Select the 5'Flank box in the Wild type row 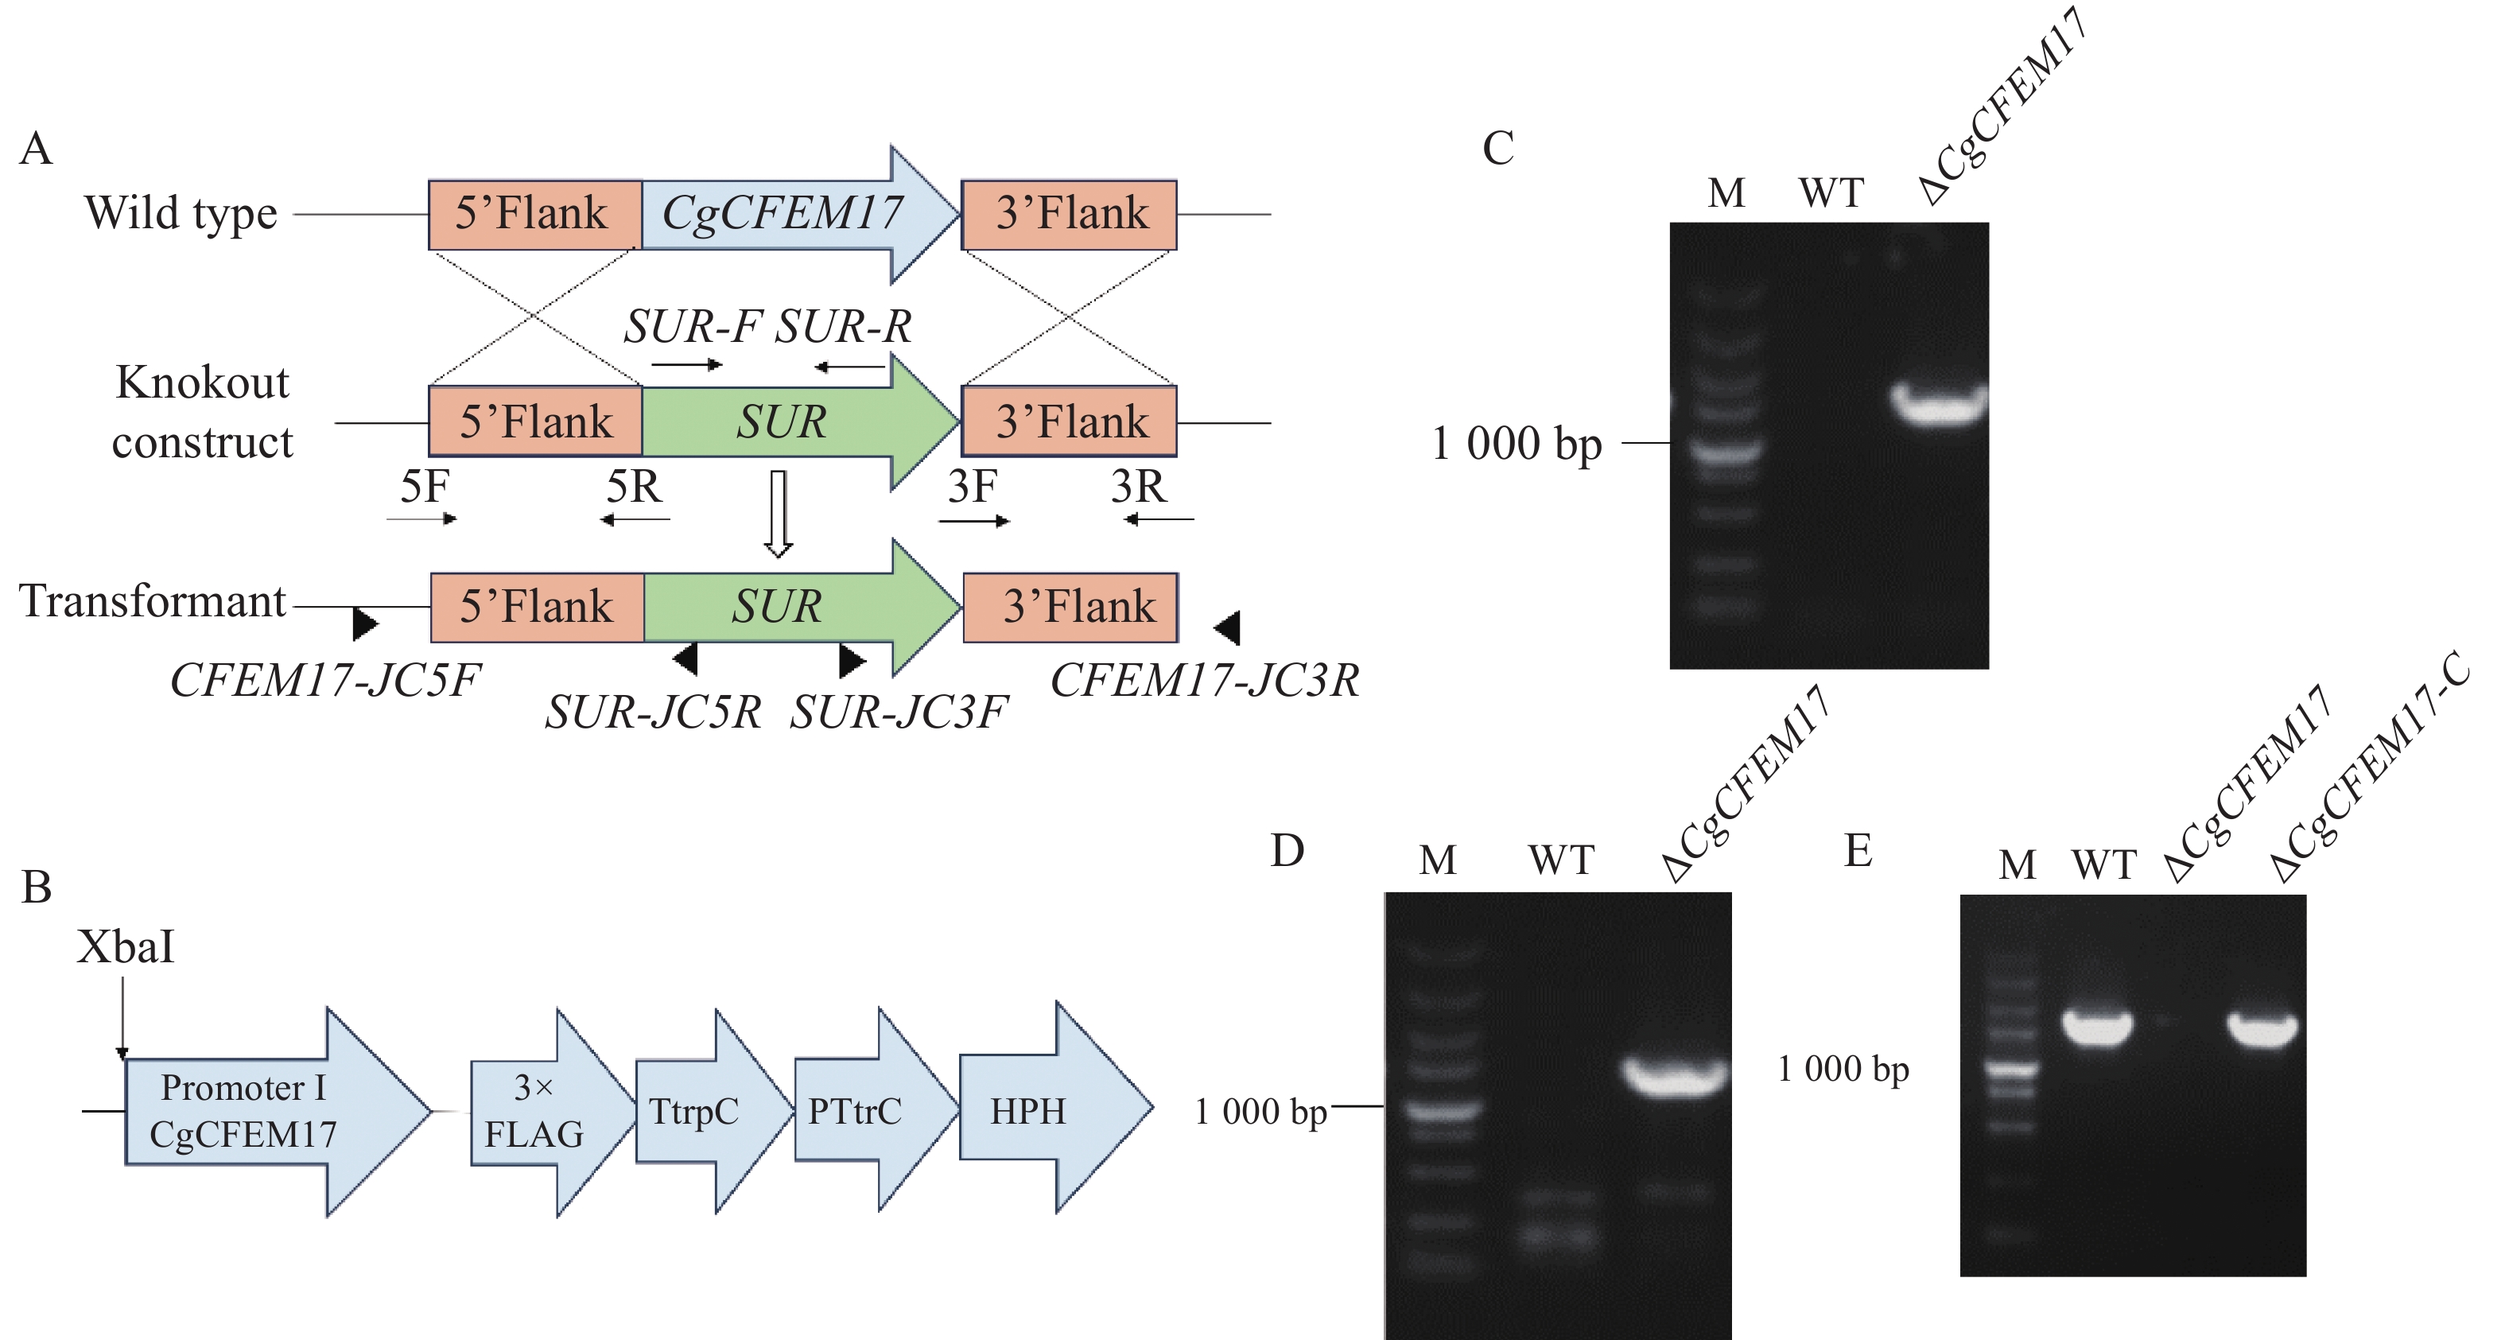[534, 214]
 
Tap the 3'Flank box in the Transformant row [1070, 607]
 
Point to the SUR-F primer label [691, 327]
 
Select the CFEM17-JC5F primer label [324, 681]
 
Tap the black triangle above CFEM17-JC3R [1228, 628]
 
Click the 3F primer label [973, 486]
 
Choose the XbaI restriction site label [126, 947]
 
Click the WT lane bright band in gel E [2098, 1027]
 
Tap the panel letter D [1287, 851]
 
